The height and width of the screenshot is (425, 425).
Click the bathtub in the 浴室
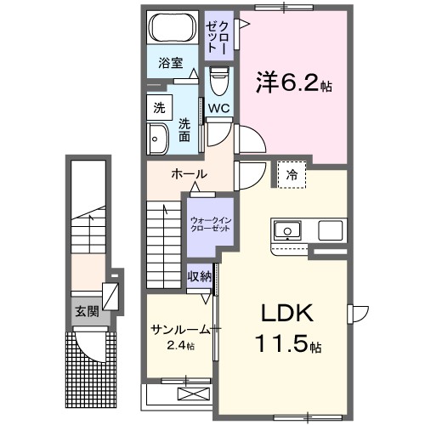(x=173, y=30)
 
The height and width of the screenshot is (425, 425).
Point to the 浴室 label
(x=171, y=62)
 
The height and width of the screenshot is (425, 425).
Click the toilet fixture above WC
(x=219, y=82)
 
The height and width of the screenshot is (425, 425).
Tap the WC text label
(x=218, y=108)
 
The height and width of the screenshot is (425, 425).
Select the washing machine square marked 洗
(x=159, y=108)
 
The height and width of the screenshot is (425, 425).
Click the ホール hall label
(x=188, y=174)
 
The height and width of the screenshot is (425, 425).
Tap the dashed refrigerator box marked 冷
(x=292, y=174)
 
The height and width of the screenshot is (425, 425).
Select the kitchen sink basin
(x=286, y=230)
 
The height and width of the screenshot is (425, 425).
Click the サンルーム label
(x=181, y=329)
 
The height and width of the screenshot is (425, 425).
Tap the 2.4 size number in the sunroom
(x=180, y=346)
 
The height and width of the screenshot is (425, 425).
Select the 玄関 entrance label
(x=86, y=311)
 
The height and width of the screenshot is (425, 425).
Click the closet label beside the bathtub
(x=216, y=37)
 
